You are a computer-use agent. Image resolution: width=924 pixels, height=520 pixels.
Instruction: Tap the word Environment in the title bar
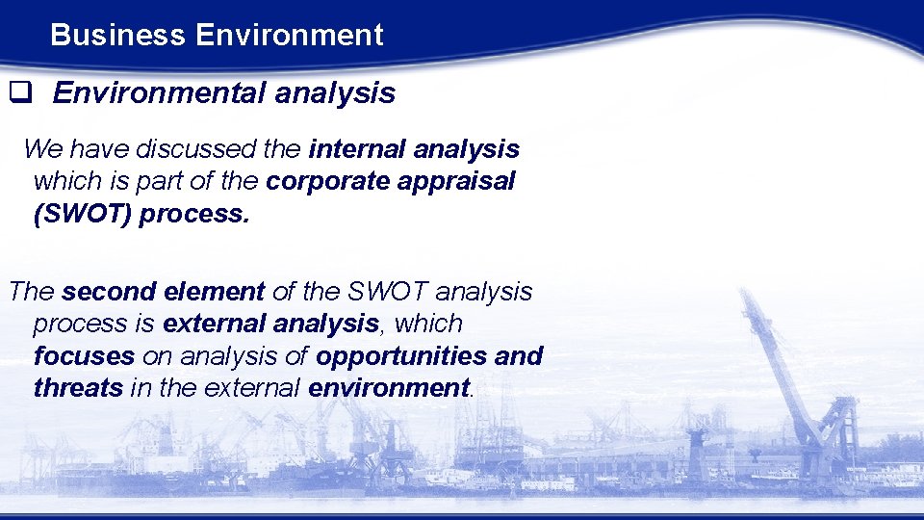pos(289,36)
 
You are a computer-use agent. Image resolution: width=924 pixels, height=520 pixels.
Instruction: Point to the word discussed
pos(195,149)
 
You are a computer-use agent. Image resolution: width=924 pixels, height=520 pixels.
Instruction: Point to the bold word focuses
pos(84,355)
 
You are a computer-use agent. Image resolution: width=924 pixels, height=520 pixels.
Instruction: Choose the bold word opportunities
pos(402,355)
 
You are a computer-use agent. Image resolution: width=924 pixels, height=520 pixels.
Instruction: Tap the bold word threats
pos(78,387)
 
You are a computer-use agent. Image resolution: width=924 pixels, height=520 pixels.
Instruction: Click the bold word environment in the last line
pos(389,387)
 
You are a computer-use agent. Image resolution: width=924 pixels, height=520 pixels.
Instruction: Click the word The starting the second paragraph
pos(31,291)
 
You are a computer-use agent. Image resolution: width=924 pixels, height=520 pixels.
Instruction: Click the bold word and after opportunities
pos(519,355)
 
